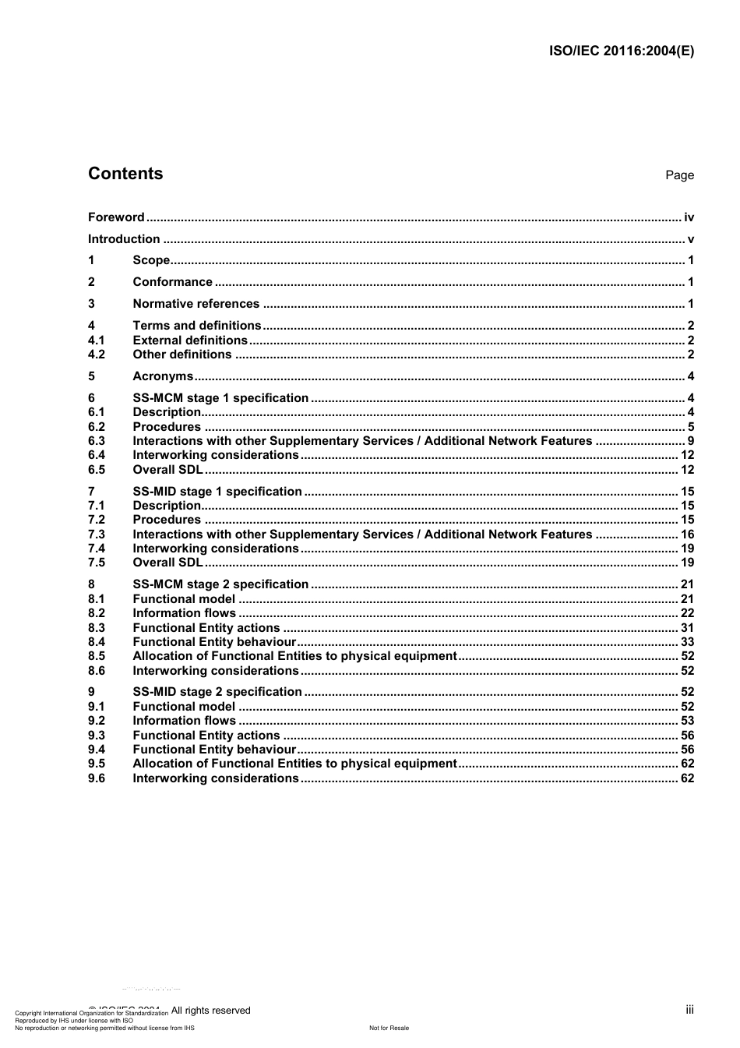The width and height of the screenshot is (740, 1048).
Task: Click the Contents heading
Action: (125, 174)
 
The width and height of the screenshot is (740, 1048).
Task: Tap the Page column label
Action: (679, 175)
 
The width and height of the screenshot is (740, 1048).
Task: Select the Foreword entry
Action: (116, 217)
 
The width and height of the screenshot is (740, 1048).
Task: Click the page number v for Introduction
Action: (690, 239)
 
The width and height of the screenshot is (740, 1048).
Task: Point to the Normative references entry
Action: (196, 304)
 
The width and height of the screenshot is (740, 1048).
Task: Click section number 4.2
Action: (97, 355)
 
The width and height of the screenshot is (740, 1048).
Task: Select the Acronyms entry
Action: (163, 376)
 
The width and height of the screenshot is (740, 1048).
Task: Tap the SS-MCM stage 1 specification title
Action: (220, 398)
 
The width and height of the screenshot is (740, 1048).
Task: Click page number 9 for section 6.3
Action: (690, 441)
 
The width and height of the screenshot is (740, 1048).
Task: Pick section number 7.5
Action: (97, 563)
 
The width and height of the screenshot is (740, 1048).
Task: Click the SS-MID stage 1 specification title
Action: (217, 492)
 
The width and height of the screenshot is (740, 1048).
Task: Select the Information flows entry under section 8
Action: (184, 613)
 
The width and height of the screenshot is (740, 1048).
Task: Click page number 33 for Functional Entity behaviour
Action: (687, 642)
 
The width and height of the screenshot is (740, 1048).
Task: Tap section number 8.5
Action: (97, 656)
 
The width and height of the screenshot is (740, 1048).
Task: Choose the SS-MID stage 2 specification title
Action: (217, 692)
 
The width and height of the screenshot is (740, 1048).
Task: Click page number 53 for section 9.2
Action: (687, 721)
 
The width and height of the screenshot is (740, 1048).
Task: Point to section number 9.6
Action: (97, 778)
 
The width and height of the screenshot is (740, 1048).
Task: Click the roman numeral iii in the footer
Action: (689, 1010)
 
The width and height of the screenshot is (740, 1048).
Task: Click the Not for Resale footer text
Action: (389, 1028)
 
